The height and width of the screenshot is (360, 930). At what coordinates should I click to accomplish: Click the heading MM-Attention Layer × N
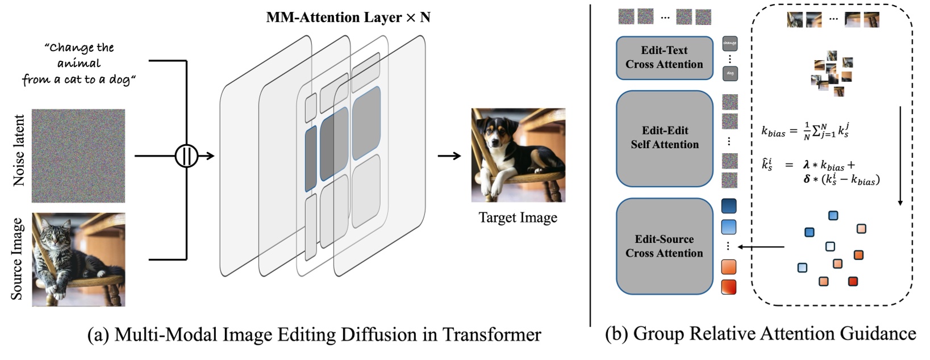348,18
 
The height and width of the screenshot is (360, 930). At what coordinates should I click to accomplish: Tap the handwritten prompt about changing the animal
78,64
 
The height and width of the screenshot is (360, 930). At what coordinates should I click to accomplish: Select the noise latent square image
78,156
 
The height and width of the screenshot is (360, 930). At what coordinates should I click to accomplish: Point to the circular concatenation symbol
186,156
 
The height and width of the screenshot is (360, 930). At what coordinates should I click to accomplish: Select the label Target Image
518,217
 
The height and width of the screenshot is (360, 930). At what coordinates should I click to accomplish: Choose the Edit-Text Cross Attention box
664,58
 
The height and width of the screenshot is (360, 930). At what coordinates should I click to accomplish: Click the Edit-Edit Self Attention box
664,138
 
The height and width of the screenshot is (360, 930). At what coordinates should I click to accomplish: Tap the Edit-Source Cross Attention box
664,246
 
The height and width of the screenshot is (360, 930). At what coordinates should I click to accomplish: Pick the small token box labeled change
729,43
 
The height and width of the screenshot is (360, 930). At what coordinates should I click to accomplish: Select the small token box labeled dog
729,73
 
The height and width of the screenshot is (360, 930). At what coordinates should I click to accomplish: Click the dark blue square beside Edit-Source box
728,206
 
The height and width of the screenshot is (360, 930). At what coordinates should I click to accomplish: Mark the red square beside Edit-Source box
728,287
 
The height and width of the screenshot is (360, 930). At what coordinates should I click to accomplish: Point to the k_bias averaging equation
805,131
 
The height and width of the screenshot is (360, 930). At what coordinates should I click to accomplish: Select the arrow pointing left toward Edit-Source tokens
761,247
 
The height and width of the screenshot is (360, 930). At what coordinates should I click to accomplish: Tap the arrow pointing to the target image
449,155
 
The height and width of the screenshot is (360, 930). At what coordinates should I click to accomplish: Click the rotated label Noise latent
19,150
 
